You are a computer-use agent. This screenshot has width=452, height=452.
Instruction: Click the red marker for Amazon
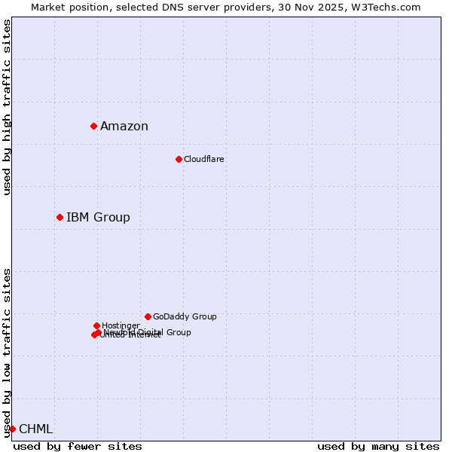[x=93, y=126]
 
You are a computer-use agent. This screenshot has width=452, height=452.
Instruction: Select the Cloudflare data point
[x=179, y=159]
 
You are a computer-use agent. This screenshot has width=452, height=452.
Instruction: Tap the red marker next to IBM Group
[x=60, y=217]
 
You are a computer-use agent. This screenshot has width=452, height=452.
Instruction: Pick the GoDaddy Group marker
[x=148, y=316]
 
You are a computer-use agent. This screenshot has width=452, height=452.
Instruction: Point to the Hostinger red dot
[x=96, y=325]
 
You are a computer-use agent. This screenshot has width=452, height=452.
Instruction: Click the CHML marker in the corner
[x=12, y=429]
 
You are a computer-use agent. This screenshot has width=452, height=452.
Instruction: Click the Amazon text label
[x=124, y=127]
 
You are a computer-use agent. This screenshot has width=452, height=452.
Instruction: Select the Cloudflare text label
[x=204, y=159]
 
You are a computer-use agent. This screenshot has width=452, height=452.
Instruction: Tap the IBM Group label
[x=98, y=218]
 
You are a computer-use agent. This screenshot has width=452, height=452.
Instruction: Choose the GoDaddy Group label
[x=185, y=317]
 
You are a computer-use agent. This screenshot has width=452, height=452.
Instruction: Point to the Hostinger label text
[x=121, y=326]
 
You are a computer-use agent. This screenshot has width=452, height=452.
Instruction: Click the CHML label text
[x=35, y=429]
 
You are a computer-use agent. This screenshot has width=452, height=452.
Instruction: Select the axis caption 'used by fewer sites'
[x=78, y=446]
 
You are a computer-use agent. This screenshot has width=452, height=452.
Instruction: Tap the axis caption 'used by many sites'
[x=378, y=446]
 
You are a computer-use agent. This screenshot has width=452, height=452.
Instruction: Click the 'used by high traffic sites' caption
[x=8, y=108]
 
